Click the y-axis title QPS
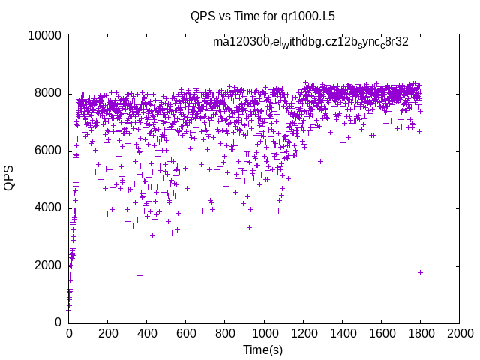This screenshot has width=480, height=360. point(10,178)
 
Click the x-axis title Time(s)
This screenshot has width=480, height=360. point(262,349)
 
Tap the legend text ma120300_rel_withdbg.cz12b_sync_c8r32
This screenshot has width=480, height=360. point(310,42)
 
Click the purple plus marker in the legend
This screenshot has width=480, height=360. point(430,43)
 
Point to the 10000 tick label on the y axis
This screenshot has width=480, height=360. point(44,36)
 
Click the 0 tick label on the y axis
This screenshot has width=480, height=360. point(58,322)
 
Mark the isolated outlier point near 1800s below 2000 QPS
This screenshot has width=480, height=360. point(420,272)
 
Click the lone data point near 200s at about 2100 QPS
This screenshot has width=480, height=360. point(106,262)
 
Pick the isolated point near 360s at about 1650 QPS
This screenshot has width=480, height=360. point(139,275)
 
